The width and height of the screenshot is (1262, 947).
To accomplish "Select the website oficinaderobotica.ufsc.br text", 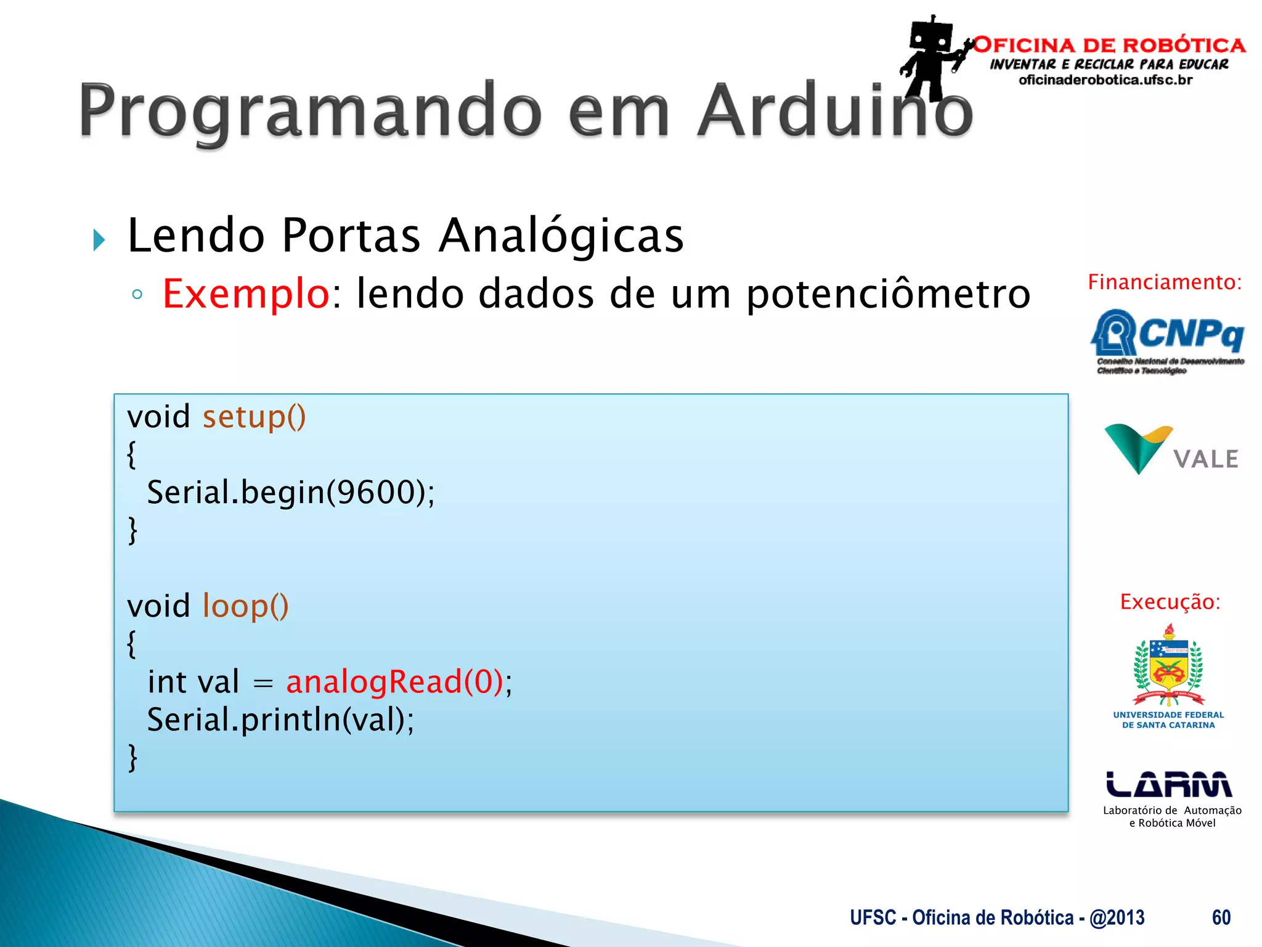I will pyautogui.click(x=1105, y=80).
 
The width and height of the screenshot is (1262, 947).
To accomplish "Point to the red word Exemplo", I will pyautogui.click(x=246, y=294).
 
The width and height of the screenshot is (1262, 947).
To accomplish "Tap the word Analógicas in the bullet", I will pyautogui.click(x=561, y=236).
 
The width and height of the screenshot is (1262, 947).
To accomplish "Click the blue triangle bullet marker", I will pyautogui.click(x=99, y=240).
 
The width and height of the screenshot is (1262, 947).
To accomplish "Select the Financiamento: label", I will pyautogui.click(x=1164, y=282).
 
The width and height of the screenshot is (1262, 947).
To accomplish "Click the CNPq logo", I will pyautogui.click(x=1167, y=340).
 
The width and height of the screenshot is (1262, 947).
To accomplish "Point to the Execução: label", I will pyautogui.click(x=1170, y=602).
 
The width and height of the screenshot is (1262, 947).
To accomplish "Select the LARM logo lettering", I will pyautogui.click(x=1168, y=784).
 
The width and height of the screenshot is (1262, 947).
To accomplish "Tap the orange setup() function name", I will pyautogui.click(x=254, y=417).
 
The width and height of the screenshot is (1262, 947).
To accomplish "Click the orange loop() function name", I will pyautogui.click(x=245, y=607).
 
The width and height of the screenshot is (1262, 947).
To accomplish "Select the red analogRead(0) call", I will pyautogui.click(x=394, y=683).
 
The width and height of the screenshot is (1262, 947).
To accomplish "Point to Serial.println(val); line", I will pyautogui.click(x=280, y=720).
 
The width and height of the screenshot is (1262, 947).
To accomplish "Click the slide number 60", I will pyautogui.click(x=1221, y=918).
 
